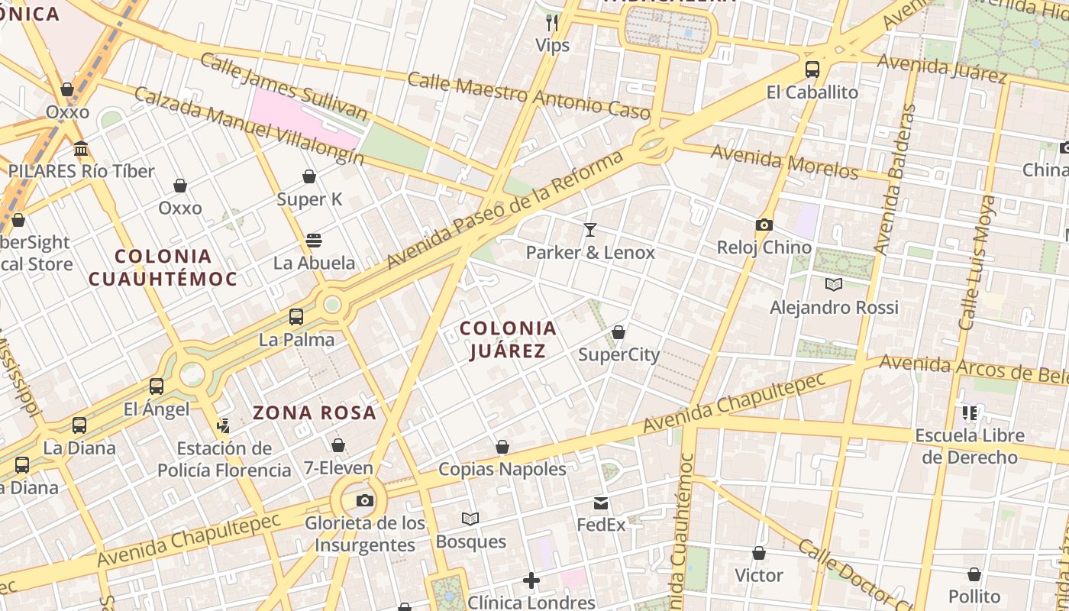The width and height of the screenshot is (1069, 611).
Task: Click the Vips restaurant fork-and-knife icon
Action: pyautogui.click(x=552, y=23)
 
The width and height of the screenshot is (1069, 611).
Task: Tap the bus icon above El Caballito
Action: pyautogui.click(x=812, y=70)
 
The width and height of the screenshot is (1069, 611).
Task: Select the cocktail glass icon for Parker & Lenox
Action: pyautogui.click(x=589, y=229)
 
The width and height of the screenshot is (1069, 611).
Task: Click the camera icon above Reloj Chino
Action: pyautogui.click(x=764, y=225)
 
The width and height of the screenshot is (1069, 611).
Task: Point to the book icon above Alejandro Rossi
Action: pyautogui.click(x=834, y=285)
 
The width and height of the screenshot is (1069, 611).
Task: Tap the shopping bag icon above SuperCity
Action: pyautogui.click(x=618, y=332)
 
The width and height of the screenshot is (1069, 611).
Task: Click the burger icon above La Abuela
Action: pyautogui.click(x=313, y=241)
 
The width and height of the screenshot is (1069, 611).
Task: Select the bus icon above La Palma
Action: pyautogui.click(x=296, y=316)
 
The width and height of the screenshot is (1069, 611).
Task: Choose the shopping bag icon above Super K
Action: pyautogui.click(x=309, y=177)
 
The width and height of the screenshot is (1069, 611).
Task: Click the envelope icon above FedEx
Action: pyautogui.click(x=601, y=503)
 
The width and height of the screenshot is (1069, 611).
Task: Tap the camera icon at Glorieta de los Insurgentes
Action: pyautogui.click(x=365, y=500)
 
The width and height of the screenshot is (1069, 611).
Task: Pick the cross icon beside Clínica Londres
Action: pyautogui.click(x=531, y=581)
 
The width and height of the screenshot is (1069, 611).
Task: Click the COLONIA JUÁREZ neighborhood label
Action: pyautogui.click(x=508, y=340)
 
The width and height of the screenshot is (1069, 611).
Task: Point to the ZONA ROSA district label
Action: pyautogui.click(x=315, y=413)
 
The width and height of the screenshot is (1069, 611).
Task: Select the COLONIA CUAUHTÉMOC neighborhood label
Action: pyautogui.click(x=163, y=267)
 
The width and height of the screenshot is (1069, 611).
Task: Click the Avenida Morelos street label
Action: pyautogui.click(x=784, y=163)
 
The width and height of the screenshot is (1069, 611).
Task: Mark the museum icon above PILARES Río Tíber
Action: pyautogui.click(x=81, y=148)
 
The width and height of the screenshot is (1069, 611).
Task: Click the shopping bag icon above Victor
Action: pyautogui.click(x=759, y=553)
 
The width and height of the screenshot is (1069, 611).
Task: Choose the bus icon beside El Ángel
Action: pyautogui.click(x=157, y=386)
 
